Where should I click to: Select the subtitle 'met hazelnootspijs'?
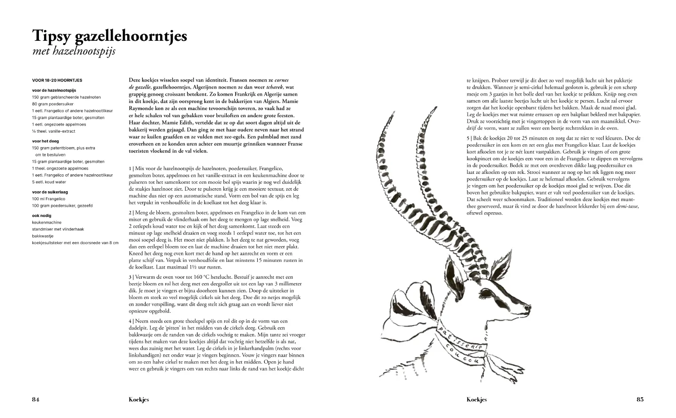tap(74, 51)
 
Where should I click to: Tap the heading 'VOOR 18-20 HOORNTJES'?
tap(57, 81)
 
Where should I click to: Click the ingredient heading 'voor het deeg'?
tap(46, 141)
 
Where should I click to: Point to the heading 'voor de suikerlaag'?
tap(50, 192)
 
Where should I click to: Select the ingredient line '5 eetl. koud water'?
tap(49, 182)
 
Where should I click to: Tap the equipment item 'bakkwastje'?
tap(43, 236)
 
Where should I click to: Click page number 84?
tap(36, 400)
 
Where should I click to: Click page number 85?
tap(640, 400)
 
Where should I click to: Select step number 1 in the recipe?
tap(130, 168)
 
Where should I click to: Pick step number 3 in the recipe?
tap(130, 277)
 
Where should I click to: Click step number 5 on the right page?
tap(468, 138)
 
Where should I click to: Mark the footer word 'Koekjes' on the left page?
tap(139, 400)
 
